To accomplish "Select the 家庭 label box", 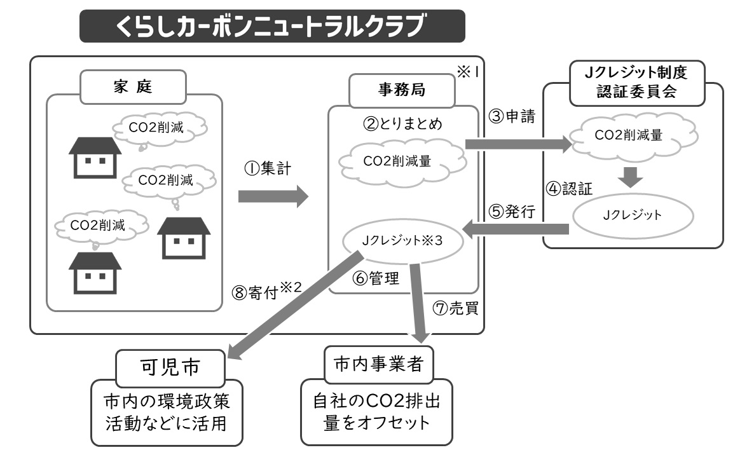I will coord(133,87).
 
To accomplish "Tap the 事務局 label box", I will coord(402,90).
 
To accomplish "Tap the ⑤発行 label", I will coord(513,212).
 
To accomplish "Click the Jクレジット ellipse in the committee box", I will coord(631,214).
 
